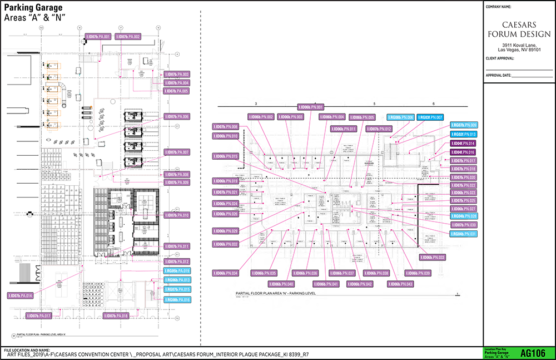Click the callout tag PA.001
point(98,37)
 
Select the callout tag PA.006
point(177,117)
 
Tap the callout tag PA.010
point(177,215)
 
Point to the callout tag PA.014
point(21,295)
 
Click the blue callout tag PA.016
point(177,300)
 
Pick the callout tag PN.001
point(311,106)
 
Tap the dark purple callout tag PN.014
point(464,144)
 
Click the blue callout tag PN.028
point(464,216)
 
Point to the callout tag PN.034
point(226,273)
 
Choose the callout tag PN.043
point(401,284)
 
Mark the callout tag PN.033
point(432,258)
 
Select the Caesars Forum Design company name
point(518,30)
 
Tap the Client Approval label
point(500,58)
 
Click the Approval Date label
point(498,75)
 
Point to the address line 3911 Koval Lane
point(518,45)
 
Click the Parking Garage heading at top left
point(33,8)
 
